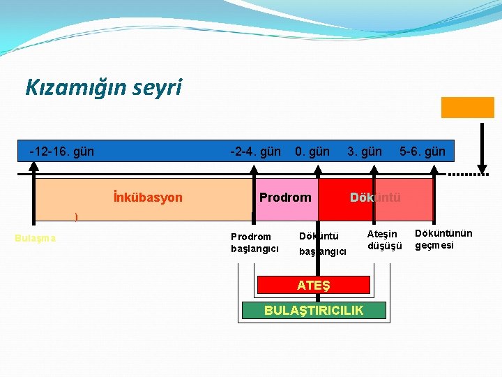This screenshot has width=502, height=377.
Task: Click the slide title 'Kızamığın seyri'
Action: pos(103,87)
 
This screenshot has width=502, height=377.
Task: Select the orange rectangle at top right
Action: pos(467,107)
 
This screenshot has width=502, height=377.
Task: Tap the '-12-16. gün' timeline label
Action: pos(62,151)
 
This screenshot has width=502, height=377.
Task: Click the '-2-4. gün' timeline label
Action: pos(256,151)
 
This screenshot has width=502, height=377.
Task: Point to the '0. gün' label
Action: pos(312,151)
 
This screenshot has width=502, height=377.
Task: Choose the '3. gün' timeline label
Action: pos(365,151)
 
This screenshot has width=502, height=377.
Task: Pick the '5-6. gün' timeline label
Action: pos(422,151)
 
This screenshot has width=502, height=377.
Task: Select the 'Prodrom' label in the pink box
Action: pos(285,198)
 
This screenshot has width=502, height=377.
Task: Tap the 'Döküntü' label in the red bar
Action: pos(375,198)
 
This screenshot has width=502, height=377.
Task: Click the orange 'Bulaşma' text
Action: pos(36,238)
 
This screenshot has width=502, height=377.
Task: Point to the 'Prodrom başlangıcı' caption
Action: pos(254,243)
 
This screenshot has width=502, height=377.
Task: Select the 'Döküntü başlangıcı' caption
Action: pos(322,244)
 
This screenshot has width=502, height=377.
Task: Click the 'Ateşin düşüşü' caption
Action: pos(384,239)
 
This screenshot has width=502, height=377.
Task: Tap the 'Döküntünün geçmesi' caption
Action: pos(443,239)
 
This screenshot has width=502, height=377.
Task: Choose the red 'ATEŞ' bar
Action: pos(313,285)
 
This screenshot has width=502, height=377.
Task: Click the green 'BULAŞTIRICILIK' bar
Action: pos(313,311)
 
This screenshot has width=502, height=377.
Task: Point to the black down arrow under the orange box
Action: pos(481,150)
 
